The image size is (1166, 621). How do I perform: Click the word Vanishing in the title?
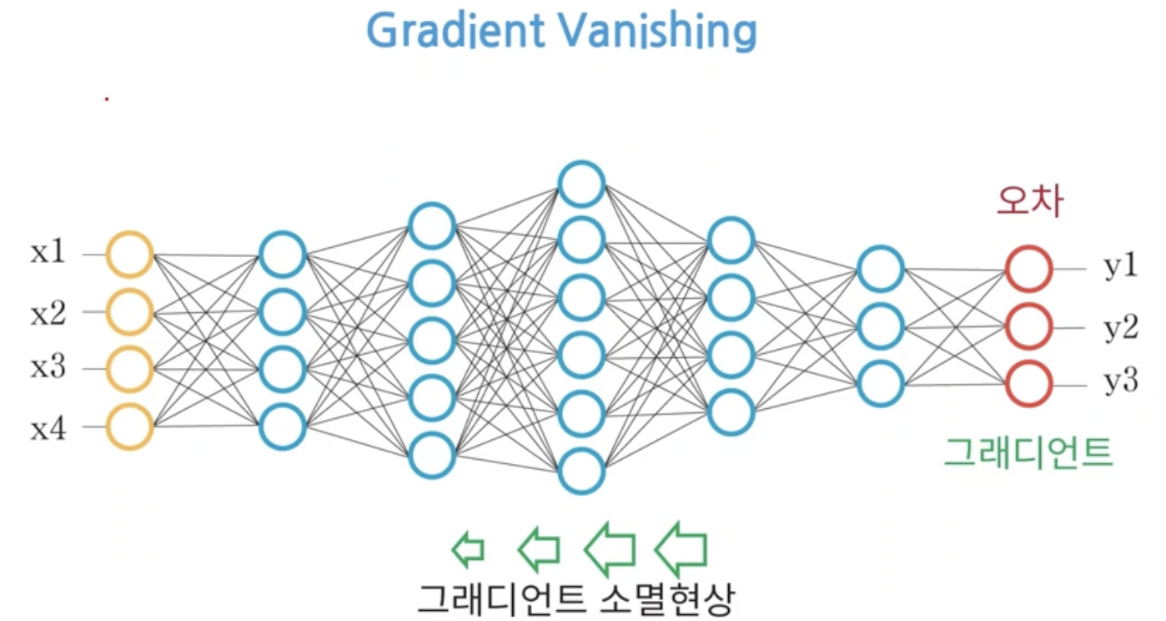tap(658, 31)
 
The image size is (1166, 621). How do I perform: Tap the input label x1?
tap(48, 252)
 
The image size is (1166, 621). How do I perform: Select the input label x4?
tap(48, 429)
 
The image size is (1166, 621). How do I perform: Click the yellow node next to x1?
tap(129, 254)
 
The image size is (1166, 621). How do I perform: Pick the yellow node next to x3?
tap(129, 369)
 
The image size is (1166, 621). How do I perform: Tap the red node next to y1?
tap(1028, 269)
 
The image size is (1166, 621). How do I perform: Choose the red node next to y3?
tap(1028, 384)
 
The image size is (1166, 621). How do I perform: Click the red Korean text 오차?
tap(1031, 201)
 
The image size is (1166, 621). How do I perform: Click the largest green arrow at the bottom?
tap(681, 548)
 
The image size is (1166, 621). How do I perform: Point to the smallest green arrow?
tap(467, 548)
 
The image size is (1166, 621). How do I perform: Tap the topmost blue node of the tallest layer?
tap(581, 184)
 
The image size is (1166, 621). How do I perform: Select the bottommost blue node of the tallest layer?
tap(581, 472)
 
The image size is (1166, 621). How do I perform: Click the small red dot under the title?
tap(107, 99)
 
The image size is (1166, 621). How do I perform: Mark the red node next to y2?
tap(1028, 326)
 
